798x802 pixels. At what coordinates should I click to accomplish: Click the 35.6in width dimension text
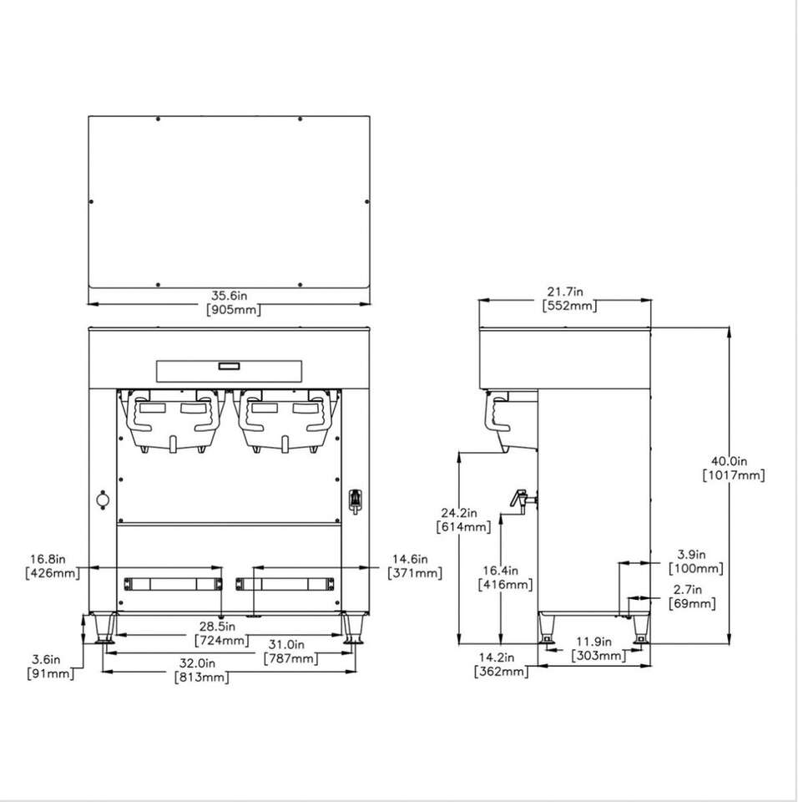229,296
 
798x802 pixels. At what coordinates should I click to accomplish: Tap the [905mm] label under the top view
234,309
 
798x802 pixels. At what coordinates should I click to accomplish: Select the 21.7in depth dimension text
565,292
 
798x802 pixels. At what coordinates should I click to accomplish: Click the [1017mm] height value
734,475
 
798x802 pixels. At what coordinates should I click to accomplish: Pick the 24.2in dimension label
459,512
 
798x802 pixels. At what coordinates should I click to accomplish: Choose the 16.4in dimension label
501,570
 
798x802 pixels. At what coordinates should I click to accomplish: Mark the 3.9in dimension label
691,554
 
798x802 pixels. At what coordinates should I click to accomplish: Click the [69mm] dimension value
692,603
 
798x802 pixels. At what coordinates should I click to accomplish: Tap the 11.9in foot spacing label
594,642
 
